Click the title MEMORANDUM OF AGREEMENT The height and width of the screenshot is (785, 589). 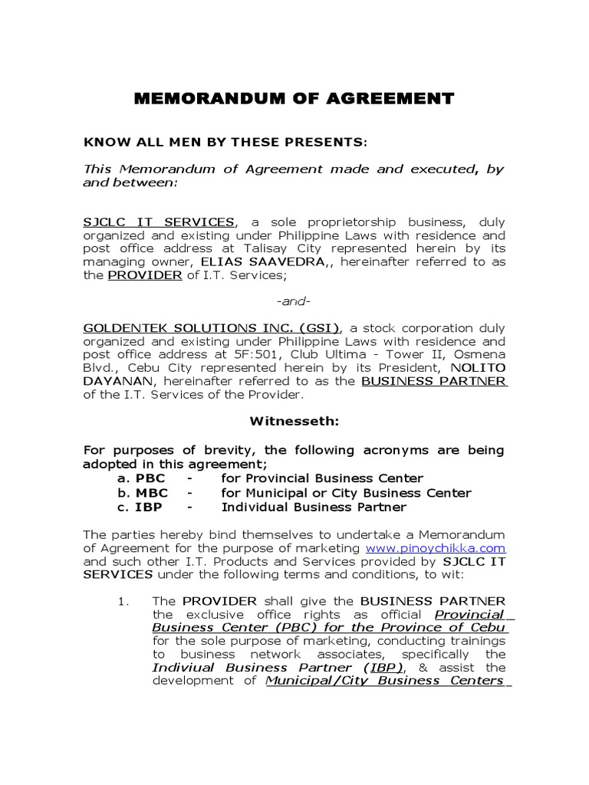coord(294,98)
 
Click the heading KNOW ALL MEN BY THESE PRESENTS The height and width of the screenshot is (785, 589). coord(225,142)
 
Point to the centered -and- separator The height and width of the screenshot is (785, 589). coord(294,302)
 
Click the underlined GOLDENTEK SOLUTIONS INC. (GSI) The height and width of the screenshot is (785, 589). coord(212,328)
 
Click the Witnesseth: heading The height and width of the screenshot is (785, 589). coord(294,421)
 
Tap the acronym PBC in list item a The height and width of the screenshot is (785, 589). coord(150,478)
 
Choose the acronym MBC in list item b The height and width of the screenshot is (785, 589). coord(151,493)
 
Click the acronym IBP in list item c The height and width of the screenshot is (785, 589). coord(149,507)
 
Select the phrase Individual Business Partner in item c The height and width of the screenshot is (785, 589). coord(314,507)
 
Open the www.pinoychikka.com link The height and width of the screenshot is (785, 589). coord(436,548)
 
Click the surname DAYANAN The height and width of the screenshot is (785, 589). coord(107,381)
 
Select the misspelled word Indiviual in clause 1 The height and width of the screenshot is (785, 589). coord(183,667)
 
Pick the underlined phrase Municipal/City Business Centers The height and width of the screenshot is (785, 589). coord(384,680)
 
